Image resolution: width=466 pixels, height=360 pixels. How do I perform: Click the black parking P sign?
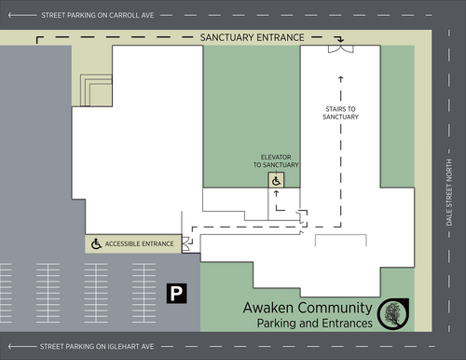(x=176, y=293)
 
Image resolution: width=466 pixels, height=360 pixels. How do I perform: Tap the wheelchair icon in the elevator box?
(x=276, y=181)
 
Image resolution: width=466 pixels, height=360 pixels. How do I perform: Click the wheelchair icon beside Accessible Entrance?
(x=96, y=243)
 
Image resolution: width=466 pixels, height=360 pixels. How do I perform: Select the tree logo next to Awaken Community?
(x=393, y=314)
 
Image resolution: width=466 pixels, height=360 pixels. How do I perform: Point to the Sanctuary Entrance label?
(x=252, y=37)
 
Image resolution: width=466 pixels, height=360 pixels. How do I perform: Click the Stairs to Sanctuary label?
(x=340, y=113)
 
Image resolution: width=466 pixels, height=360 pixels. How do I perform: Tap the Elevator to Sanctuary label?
(x=276, y=161)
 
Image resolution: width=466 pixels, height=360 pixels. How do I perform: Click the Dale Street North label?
(x=449, y=192)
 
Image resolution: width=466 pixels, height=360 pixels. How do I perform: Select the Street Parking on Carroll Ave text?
(x=98, y=15)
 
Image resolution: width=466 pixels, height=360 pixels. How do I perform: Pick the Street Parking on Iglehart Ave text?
(x=97, y=346)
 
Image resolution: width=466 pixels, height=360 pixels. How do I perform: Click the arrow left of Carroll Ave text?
(x=22, y=15)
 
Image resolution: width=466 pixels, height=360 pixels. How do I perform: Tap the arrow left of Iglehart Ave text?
(x=22, y=346)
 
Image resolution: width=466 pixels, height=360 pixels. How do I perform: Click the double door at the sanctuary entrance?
(x=341, y=49)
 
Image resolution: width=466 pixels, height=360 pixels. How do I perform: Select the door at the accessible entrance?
(x=185, y=243)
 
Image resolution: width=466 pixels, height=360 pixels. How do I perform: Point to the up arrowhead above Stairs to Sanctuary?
(x=341, y=79)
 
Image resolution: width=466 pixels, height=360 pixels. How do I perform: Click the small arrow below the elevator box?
(x=276, y=194)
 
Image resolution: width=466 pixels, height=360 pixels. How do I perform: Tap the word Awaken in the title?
(x=268, y=308)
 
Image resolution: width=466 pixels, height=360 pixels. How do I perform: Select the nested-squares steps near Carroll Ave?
(x=96, y=90)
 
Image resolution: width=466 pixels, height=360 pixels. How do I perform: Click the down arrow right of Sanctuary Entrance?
(x=340, y=39)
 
